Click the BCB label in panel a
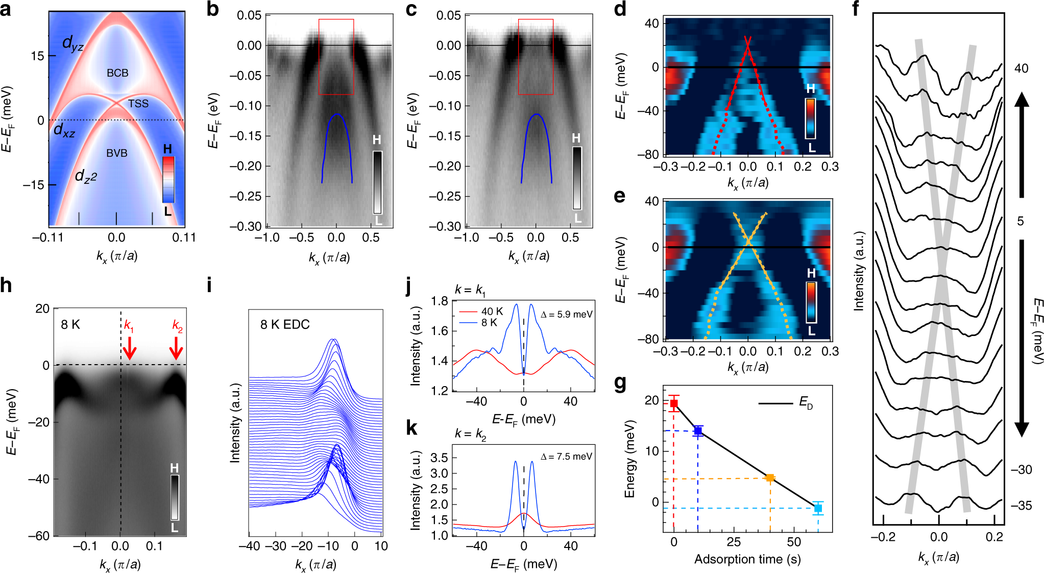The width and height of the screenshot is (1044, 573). [117, 73]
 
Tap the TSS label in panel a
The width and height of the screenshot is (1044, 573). [138, 104]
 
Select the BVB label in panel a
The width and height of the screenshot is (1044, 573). [117, 153]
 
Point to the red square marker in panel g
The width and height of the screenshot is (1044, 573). [674, 403]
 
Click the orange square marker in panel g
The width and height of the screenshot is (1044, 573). [770, 478]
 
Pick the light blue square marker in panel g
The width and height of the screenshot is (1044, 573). [818, 508]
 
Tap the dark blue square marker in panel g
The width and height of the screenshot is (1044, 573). [698, 431]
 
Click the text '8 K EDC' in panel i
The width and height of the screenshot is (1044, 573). [285, 325]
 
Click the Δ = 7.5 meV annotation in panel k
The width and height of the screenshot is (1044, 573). [566, 457]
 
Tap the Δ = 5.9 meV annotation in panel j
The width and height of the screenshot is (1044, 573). [566, 315]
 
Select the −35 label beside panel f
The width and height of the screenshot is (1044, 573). [1022, 506]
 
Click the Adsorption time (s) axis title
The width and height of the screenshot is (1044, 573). [747, 559]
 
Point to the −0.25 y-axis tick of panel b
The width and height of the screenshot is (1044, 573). [246, 197]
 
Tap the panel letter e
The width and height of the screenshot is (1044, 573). [620, 196]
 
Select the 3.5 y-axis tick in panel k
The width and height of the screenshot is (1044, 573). [440, 458]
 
